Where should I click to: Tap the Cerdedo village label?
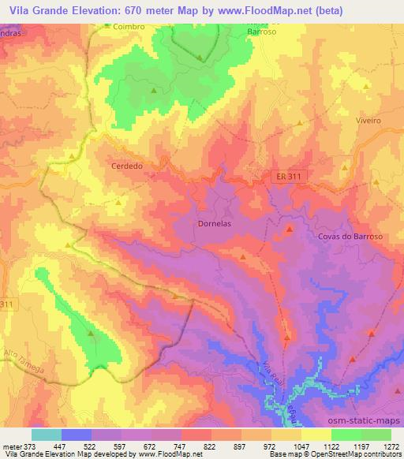point(127,166)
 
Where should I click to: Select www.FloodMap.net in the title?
point(269,9)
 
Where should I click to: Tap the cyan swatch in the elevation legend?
point(47,435)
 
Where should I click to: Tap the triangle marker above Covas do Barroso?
point(290,229)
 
